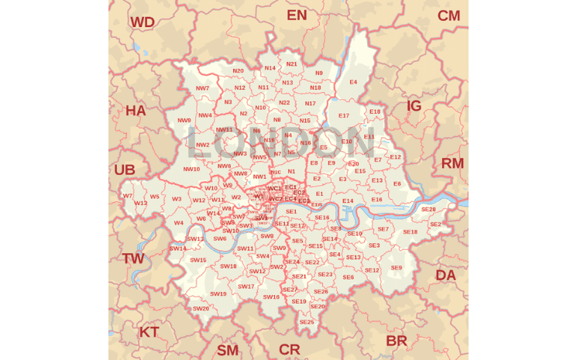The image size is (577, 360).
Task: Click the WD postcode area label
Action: [x=142, y=22]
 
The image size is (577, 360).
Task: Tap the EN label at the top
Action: [x=297, y=15]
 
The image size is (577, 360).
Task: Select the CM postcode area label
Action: [x=448, y=16]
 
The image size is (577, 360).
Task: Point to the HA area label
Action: [x=136, y=111]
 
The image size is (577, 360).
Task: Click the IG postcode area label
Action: [x=414, y=106]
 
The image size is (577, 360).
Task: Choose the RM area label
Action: [x=452, y=163]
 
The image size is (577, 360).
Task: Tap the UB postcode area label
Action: [x=125, y=170]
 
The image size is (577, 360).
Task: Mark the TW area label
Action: [x=133, y=259]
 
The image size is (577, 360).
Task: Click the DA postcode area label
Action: [x=445, y=275]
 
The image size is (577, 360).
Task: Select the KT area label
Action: [x=149, y=332]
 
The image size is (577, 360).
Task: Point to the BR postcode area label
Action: [x=397, y=341]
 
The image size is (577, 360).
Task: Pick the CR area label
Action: [x=290, y=349]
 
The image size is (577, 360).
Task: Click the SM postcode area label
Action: [x=228, y=350]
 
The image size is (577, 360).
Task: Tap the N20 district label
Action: [x=238, y=70]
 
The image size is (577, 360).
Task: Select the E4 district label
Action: [x=353, y=82]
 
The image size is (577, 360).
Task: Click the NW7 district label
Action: [x=202, y=88]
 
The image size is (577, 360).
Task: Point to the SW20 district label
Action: [x=201, y=308]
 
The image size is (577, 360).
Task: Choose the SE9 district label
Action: [x=396, y=268]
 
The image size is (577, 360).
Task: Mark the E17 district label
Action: [x=344, y=115]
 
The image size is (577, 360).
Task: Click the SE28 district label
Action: [x=428, y=209]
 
